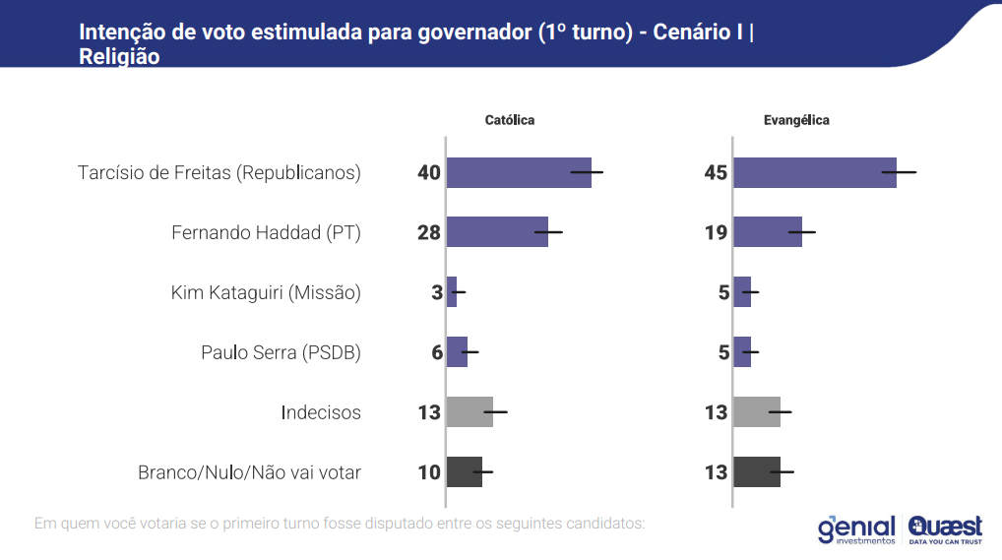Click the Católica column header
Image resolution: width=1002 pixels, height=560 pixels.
(x=509, y=120)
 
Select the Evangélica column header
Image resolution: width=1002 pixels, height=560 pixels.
(x=796, y=120)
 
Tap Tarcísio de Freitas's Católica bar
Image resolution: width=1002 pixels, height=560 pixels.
(x=518, y=172)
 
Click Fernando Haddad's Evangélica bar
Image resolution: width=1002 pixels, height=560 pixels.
(x=767, y=232)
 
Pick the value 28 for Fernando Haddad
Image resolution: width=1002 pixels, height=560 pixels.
(x=428, y=233)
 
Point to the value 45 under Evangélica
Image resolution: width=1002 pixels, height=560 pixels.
(x=716, y=173)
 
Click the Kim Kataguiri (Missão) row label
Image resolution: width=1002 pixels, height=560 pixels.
(x=266, y=292)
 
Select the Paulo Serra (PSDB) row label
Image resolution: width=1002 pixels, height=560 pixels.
(x=281, y=352)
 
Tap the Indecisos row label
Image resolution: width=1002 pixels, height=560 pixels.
(x=320, y=412)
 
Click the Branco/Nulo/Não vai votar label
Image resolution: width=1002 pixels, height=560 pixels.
(x=249, y=472)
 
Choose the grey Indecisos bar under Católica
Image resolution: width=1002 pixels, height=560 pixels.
(x=470, y=412)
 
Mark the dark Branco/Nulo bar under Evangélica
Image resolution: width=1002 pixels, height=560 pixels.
(x=757, y=472)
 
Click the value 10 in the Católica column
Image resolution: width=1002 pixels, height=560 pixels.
(x=428, y=472)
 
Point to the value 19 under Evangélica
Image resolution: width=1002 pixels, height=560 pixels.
(x=716, y=233)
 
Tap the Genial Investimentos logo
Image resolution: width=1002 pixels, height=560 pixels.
(x=856, y=529)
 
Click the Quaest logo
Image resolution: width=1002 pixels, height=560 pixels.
(x=945, y=529)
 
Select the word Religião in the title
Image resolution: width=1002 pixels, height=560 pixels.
(x=119, y=57)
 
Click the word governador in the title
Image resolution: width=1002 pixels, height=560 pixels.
(x=464, y=32)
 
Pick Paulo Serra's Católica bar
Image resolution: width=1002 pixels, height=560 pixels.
(x=457, y=352)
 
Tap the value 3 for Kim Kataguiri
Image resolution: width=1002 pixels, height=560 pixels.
(x=436, y=293)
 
